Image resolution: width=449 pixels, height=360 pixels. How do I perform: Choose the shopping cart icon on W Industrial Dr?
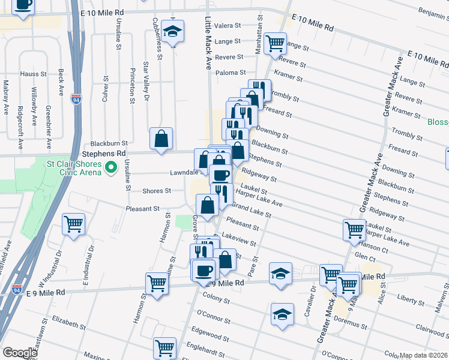tap(73, 225)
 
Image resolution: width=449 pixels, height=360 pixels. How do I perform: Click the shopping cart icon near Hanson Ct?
tap(354, 229)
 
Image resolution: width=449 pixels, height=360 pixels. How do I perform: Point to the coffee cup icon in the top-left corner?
tap(23, 5)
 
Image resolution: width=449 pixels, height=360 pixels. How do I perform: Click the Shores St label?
tap(157, 191)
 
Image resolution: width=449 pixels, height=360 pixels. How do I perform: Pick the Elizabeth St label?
tap(68, 321)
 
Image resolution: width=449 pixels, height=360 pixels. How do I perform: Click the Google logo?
tap(20, 353)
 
